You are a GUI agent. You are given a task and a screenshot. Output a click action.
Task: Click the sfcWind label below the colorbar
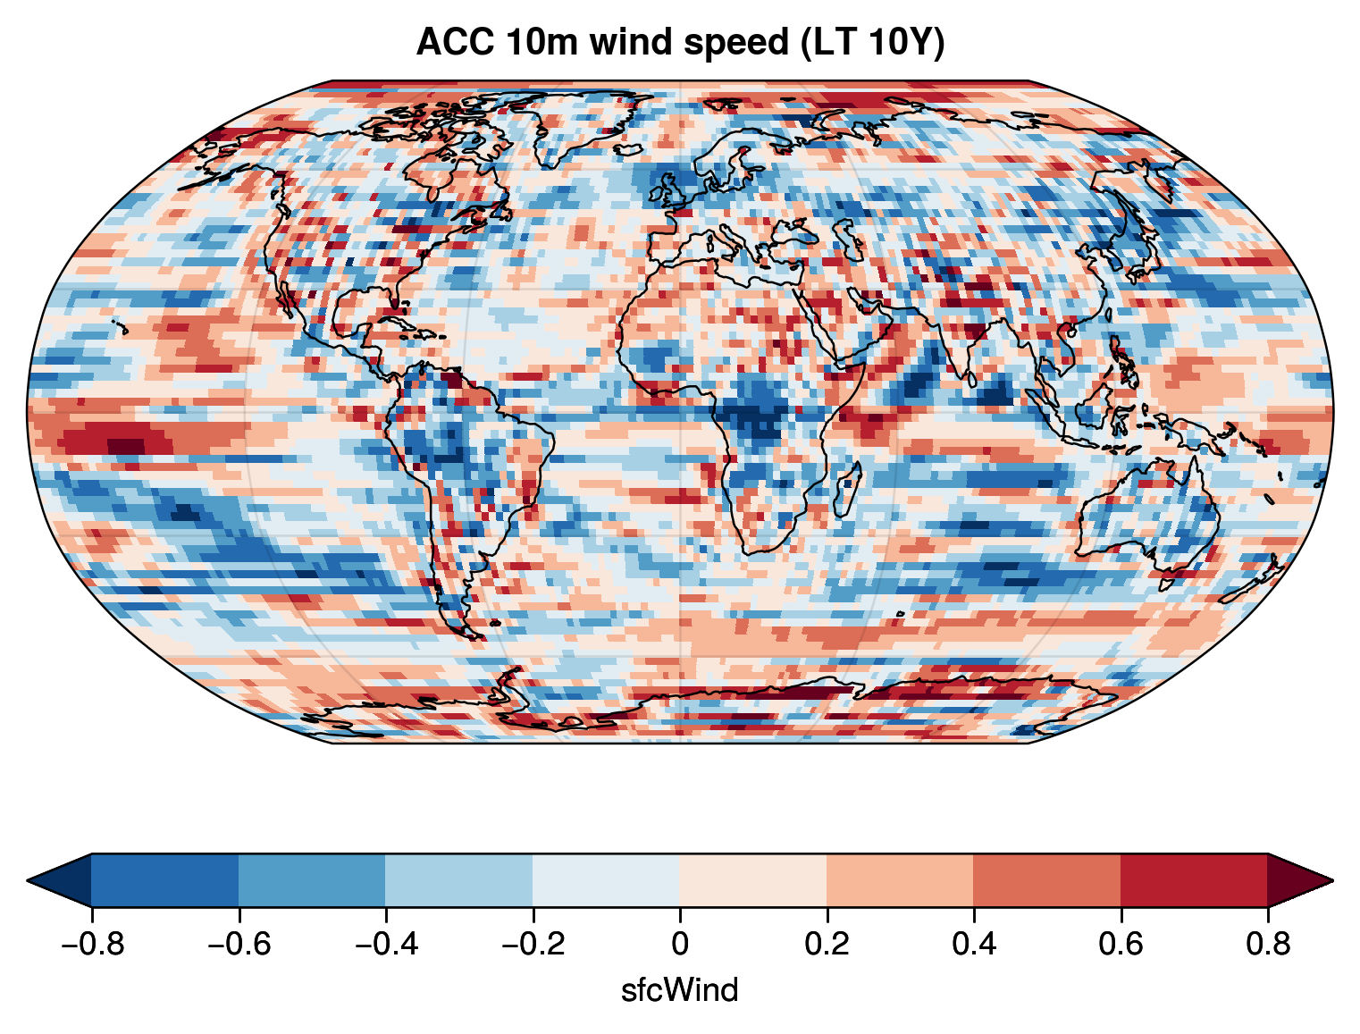(x=680, y=989)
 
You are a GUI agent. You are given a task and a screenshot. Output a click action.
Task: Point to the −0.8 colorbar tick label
(x=91, y=944)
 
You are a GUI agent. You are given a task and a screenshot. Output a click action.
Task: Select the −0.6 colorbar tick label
(x=238, y=944)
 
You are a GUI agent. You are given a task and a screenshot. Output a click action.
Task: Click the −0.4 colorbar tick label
(x=385, y=944)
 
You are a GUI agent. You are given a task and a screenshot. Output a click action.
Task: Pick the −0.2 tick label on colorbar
(x=532, y=944)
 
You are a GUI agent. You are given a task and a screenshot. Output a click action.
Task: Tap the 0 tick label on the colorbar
(x=680, y=944)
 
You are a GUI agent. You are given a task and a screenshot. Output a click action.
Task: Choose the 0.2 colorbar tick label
(x=827, y=944)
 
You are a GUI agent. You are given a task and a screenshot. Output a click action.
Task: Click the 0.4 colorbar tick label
(x=974, y=944)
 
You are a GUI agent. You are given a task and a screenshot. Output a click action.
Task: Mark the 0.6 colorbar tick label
(x=1121, y=944)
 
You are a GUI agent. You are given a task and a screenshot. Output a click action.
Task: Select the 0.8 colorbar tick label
(x=1268, y=944)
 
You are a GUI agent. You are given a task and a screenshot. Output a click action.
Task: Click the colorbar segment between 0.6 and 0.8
(x=1194, y=880)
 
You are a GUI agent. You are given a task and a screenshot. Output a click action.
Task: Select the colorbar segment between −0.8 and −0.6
(x=164, y=880)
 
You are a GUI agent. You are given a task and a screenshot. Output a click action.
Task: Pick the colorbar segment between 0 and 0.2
(x=753, y=880)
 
